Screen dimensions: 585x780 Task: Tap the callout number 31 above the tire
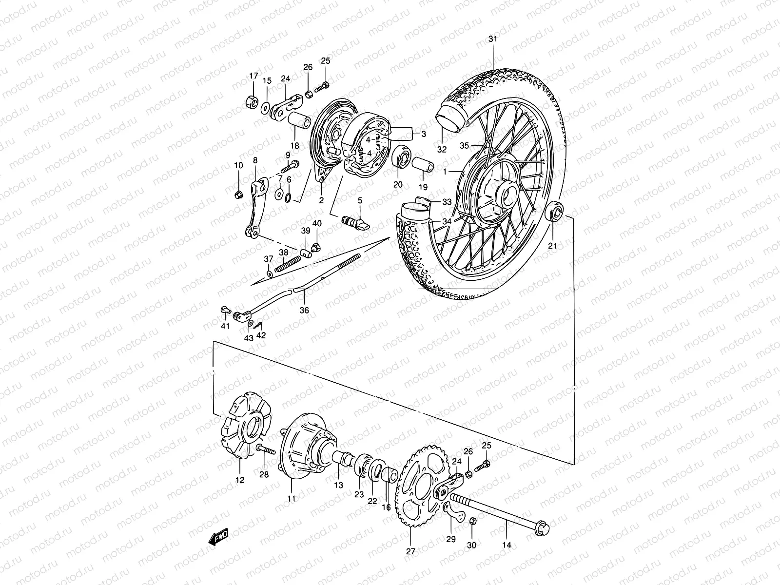pos(493,39)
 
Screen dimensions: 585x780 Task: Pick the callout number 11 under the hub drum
pos(292,499)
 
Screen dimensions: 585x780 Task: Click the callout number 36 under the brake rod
pos(304,310)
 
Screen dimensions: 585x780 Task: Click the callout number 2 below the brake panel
pos(321,200)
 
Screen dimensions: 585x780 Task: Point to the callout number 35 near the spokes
pos(464,145)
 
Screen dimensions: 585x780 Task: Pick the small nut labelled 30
pos(472,522)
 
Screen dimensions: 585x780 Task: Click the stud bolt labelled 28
pos(264,450)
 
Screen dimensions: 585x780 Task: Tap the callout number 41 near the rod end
pos(225,326)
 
